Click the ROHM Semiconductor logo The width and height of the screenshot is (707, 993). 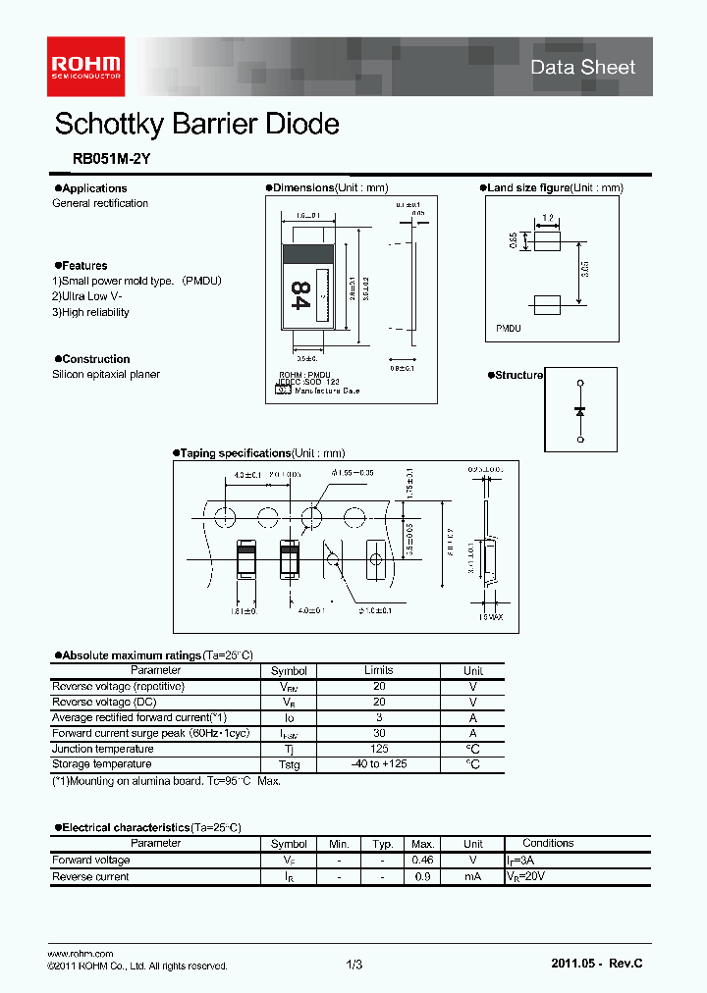click(85, 66)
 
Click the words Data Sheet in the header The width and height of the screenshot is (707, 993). click(582, 67)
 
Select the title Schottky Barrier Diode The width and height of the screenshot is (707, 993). click(196, 124)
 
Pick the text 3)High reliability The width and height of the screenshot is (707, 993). click(90, 312)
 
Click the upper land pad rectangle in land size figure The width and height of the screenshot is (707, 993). click(546, 238)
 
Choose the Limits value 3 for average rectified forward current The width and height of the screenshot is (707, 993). click(379, 717)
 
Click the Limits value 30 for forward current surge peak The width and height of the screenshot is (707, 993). click(379, 733)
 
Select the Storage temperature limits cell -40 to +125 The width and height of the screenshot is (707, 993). click(379, 763)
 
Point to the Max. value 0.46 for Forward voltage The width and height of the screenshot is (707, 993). click(423, 861)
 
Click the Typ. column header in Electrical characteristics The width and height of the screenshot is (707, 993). click(382, 844)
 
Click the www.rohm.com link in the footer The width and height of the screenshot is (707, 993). click(81, 954)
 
